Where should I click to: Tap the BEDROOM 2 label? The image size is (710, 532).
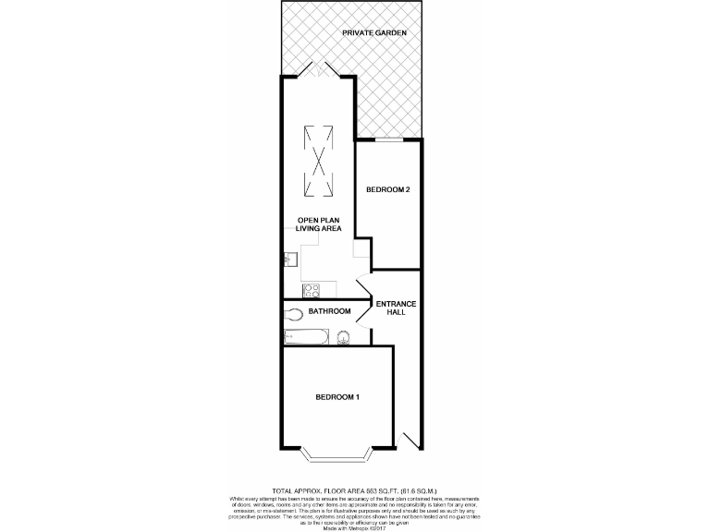pos(388,189)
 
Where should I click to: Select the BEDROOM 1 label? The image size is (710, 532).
pos(337,397)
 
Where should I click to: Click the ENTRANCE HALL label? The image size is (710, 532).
pos(397,308)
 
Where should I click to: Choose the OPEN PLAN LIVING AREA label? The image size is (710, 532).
pos(319,224)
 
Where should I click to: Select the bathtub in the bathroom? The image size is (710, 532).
pos(305,336)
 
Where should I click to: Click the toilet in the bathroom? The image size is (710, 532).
pos(295,313)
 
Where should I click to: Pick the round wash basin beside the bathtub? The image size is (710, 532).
pos(344,336)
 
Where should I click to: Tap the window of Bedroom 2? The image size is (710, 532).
pos(388,139)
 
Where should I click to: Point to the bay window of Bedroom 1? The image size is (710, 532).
pos(337,455)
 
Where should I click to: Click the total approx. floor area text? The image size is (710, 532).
pos(354,490)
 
